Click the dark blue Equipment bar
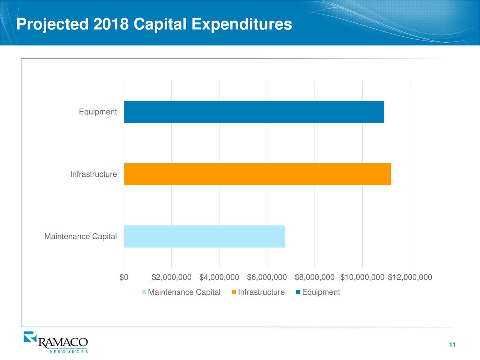click(x=254, y=112)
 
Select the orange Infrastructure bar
click(x=257, y=174)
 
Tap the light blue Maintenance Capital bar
click(x=204, y=237)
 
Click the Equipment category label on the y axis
click(x=98, y=112)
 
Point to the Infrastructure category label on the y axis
click(x=93, y=174)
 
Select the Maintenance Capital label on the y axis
click(x=81, y=237)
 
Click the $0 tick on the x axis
click(x=124, y=277)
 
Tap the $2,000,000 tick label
click(x=171, y=277)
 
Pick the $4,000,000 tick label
click(x=219, y=277)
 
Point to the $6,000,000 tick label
click(x=267, y=277)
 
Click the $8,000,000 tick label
click(x=315, y=277)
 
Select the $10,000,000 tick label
click(x=362, y=277)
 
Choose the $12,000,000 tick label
click(x=410, y=277)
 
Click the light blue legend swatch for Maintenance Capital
click(x=144, y=292)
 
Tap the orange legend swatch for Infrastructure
click(x=234, y=292)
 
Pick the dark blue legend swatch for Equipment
click(x=298, y=292)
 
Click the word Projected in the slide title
click(x=52, y=24)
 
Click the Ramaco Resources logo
click(x=56, y=342)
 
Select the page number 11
click(x=452, y=345)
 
